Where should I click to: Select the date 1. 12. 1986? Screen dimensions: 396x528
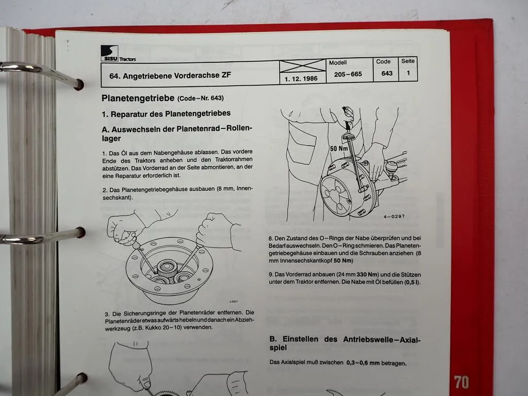click(x=301, y=80)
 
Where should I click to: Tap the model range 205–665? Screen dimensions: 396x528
click(x=348, y=74)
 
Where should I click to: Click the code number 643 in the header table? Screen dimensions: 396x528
click(x=387, y=74)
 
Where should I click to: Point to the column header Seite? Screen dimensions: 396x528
click(x=408, y=61)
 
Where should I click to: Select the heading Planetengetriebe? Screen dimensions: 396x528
click(x=138, y=97)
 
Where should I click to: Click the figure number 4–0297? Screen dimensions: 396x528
click(x=393, y=216)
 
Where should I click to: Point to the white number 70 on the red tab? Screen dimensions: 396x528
click(x=461, y=382)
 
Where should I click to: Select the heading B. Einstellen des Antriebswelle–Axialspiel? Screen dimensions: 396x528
click(x=345, y=344)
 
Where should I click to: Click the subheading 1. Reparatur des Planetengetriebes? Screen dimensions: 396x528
click(x=166, y=113)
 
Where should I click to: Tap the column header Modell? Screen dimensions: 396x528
click(x=338, y=62)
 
